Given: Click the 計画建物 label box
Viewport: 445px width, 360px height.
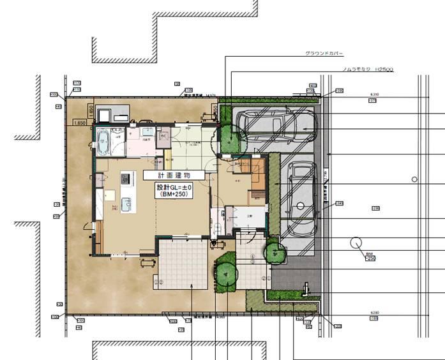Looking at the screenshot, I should (x=174, y=174).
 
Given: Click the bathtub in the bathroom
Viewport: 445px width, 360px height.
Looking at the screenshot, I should (x=103, y=141).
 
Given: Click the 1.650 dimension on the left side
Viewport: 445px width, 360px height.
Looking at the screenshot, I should (x=79, y=122).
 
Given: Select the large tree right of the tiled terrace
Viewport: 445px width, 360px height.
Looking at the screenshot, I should (x=225, y=272).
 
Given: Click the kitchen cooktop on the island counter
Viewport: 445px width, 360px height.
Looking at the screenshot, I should (x=125, y=178).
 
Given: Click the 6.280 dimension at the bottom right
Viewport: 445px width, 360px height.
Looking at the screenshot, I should (x=375, y=313).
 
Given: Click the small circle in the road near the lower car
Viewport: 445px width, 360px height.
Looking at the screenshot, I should (x=414, y=179).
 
